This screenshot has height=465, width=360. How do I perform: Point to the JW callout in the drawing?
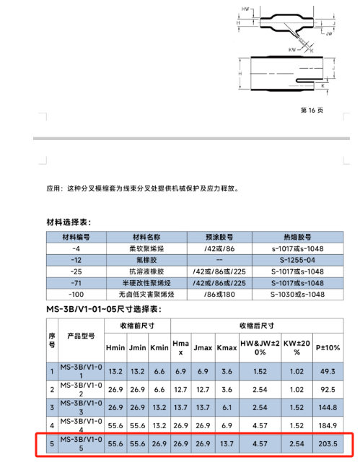(x=328, y=33)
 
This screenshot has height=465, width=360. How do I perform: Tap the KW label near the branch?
(x=291, y=50)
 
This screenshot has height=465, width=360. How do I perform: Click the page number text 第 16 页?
(x=311, y=110)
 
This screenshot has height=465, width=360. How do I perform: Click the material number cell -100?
(x=76, y=294)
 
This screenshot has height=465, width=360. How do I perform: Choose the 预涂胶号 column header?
(x=217, y=236)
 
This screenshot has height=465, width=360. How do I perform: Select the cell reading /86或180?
(x=217, y=294)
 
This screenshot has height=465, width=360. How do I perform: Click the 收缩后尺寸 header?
(x=255, y=324)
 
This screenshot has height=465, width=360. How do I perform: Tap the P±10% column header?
(x=328, y=348)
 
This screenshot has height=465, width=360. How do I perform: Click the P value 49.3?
(x=328, y=371)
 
